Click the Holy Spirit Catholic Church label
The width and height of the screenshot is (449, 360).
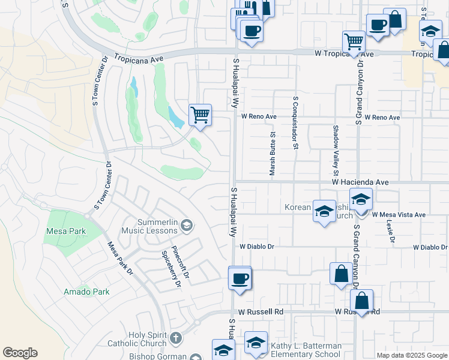click(140, 339)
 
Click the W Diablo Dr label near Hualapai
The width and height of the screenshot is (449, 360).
click(256, 246)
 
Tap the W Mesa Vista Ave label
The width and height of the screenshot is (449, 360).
click(399, 214)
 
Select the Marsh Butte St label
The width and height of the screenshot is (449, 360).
click(272, 154)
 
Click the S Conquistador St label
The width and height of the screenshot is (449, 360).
click(295, 122)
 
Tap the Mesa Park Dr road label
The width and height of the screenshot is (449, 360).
click(120, 259)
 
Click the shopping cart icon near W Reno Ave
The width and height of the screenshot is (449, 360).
click(199, 114)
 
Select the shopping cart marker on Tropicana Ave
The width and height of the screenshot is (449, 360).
click(354, 42)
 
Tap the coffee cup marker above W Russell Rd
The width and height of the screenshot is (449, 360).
click(240, 278)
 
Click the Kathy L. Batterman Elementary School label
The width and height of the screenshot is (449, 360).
click(306, 350)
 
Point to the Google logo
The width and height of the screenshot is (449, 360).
click(20, 353)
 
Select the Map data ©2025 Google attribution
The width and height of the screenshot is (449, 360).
click(412, 355)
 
